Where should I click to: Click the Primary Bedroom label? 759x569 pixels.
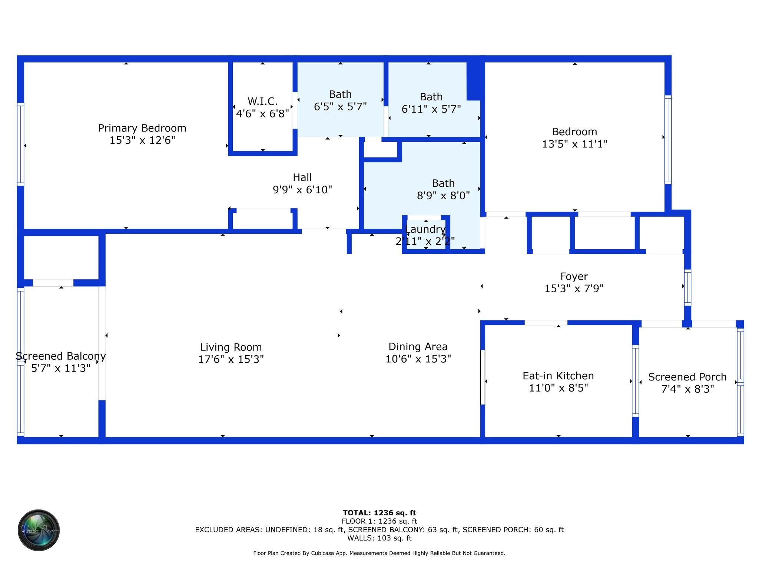pos(142,128)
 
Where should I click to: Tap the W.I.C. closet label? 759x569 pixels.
pos(262,101)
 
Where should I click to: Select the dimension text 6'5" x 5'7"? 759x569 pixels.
pos(340,107)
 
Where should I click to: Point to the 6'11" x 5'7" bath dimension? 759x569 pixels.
pos(431,109)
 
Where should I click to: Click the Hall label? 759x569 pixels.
pos(302,177)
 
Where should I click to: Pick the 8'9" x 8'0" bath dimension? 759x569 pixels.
pos(443,196)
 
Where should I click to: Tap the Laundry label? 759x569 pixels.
pos(425,229)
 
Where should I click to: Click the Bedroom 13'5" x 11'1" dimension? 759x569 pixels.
pos(574,144)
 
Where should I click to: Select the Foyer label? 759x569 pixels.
pos(574,276)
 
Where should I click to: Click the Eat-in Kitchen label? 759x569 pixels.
pos(558,376)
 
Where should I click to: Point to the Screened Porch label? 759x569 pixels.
pos(687,377)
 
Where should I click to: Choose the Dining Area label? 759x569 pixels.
pos(418,347)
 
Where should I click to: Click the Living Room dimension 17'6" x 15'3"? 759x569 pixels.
pos(231,359)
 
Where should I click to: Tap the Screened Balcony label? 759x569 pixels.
pos(61,356)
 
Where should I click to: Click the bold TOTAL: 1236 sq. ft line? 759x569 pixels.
pos(379,513)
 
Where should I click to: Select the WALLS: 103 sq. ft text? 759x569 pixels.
pos(379,538)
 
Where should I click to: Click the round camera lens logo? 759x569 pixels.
pos(39,530)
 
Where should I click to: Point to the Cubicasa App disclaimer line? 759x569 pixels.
pos(379,553)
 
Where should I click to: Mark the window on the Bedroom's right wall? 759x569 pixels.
pos(668,139)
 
